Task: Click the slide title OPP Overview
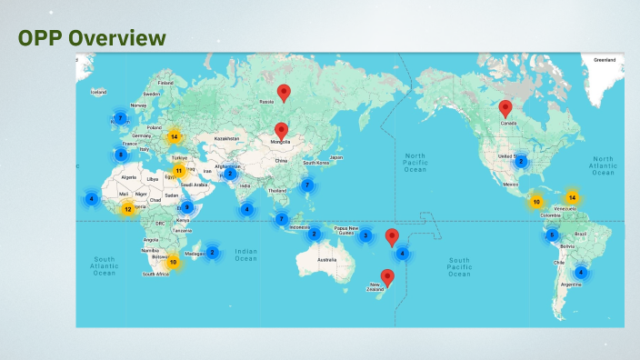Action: coord(92,37)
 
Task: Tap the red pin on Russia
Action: coord(284,92)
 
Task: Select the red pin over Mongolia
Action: coord(281,131)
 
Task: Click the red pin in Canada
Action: coord(505,108)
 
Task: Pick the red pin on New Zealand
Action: coord(387,277)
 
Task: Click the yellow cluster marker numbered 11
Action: coord(179,170)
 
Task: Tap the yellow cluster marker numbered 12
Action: coord(127,209)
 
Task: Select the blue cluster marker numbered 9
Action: coord(186,206)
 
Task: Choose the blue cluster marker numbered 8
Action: coord(121,155)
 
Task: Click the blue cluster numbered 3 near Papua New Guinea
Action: coord(365,235)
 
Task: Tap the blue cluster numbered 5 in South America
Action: coord(552,235)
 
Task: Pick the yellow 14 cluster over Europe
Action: coord(174,137)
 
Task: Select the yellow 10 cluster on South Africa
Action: coord(173,262)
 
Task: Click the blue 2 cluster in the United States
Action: coord(521,161)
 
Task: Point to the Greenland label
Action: coord(605,59)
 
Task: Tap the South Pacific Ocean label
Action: coord(459,265)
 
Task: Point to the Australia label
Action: coord(326,261)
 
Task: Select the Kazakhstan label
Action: coord(225,138)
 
